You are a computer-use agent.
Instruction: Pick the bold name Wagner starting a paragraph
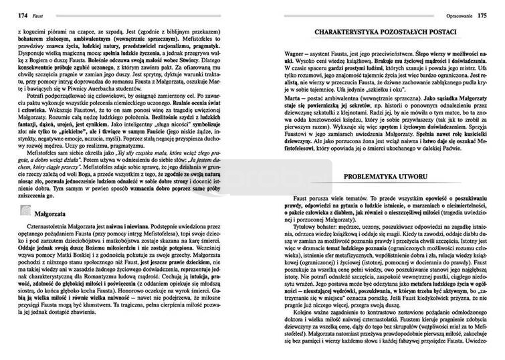[277, 51]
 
